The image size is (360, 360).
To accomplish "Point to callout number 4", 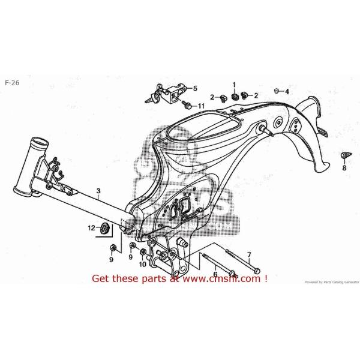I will click(287, 91).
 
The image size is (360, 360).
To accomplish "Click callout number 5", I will click(194, 89).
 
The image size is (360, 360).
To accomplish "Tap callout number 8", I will click(344, 169).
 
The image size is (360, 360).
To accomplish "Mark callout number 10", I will click(143, 264).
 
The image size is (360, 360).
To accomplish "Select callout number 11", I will click(201, 106).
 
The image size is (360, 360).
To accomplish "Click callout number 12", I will click(92, 228).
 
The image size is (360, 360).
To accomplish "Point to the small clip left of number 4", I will click(277, 91).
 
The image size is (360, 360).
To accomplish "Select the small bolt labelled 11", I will click(187, 106).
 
